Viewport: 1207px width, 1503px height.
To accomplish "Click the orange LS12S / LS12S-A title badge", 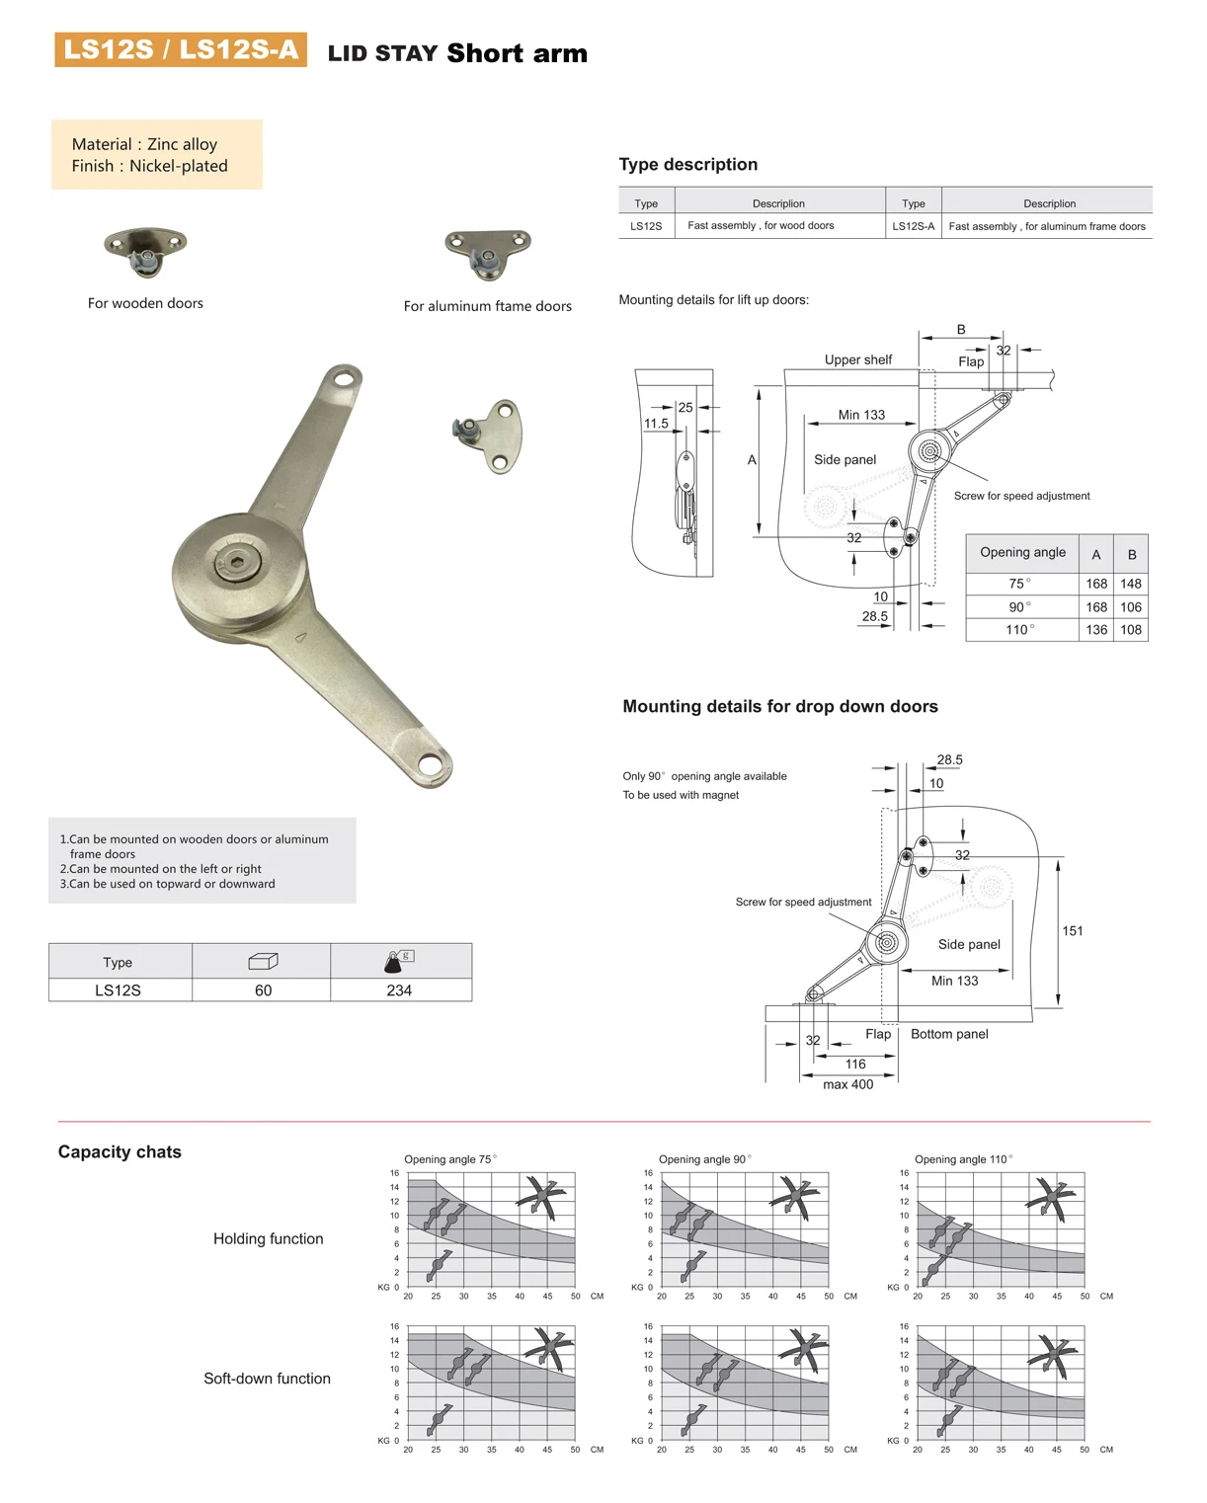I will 180,49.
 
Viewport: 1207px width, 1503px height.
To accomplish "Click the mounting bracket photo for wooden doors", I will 145,251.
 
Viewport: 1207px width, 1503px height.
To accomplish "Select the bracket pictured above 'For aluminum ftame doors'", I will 487,253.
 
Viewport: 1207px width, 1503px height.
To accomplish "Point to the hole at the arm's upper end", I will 345,377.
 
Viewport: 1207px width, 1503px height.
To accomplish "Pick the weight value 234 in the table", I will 399,990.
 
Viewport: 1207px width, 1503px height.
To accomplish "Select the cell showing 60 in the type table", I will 263,990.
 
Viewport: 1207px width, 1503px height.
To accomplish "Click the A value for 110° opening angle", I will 1096,630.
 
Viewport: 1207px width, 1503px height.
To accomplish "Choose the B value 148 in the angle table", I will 1131,584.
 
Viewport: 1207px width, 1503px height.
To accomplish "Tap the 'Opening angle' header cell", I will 1022,553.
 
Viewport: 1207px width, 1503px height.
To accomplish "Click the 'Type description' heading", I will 688,165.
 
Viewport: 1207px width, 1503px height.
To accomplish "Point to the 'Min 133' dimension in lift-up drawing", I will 861,415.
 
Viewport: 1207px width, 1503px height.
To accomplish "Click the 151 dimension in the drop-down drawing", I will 1073,931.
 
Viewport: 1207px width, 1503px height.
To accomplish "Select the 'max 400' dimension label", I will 847,1084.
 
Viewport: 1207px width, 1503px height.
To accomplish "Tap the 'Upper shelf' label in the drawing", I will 857,360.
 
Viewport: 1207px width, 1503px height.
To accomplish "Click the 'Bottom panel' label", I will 949,1034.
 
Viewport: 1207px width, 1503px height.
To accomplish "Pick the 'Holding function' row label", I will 268,1239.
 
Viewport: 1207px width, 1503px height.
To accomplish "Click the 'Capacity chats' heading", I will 120,1152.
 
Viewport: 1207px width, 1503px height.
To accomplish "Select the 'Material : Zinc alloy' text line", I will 144,144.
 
